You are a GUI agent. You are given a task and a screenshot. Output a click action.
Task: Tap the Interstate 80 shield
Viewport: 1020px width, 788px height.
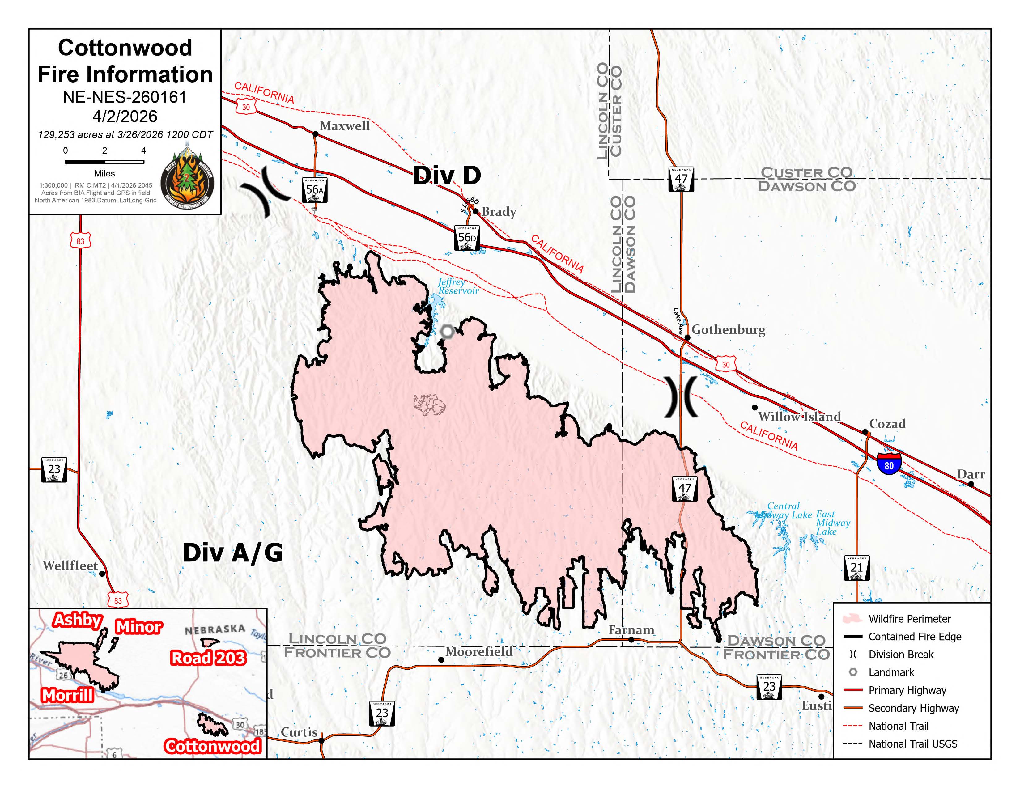click(x=889, y=464)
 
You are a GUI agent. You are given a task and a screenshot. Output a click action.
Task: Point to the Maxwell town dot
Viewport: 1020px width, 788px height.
click(x=315, y=134)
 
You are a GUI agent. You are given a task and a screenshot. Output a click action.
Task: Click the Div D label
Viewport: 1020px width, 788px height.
click(x=447, y=176)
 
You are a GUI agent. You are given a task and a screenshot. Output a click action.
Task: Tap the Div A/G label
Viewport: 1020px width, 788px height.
click(x=232, y=553)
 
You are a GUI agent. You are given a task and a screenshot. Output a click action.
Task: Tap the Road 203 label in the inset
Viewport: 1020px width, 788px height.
click(x=208, y=658)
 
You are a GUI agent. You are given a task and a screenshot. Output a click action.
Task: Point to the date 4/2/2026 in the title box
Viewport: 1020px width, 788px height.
click(x=125, y=116)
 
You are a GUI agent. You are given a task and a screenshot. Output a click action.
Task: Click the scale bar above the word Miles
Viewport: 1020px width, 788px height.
click(x=104, y=162)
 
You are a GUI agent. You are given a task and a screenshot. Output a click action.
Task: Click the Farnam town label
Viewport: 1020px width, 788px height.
click(x=631, y=630)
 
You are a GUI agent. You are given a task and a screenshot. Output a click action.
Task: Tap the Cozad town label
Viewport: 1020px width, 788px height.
click(x=887, y=424)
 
